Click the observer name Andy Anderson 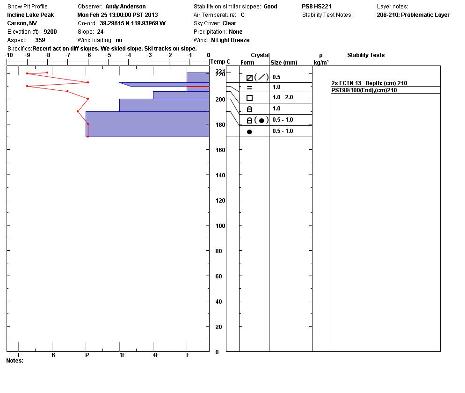pyautogui.click(x=125, y=7)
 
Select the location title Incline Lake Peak pyautogui.click(x=30, y=15)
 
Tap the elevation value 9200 pyautogui.click(x=50, y=32)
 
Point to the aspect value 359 pyautogui.click(x=40, y=40)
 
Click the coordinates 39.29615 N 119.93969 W pyautogui.click(x=132, y=23)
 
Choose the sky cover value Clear pyautogui.click(x=229, y=23)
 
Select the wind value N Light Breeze pyautogui.click(x=230, y=40)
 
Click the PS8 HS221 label pyautogui.click(x=316, y=7)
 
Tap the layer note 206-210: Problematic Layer pyautogui.click(x=413, y=15)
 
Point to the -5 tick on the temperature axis pyautogui.click(x=109, y=56)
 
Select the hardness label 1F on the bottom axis pyautogui.click(x=122, y=355)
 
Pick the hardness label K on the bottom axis pyautogui.click(x=53, y=355)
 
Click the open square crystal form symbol pyautogui.click(x=249, y=98)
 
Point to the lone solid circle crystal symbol pyautogui.click(x=249, y=132)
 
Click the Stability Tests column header pyautogui.click(x=365, y=55)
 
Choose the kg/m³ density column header pyautogui.click(x=321, y=63)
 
